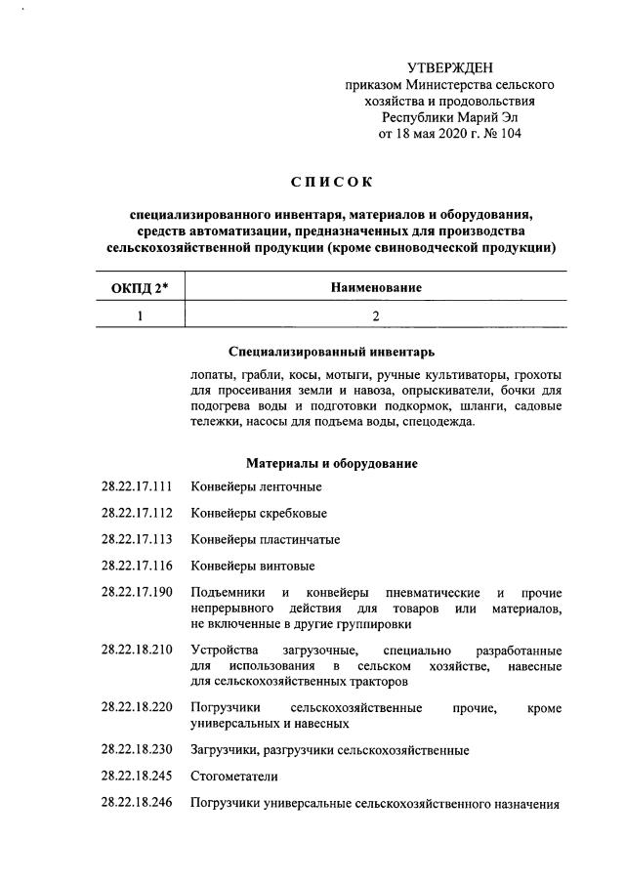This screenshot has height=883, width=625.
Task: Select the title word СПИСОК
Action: click(x=331, y=182)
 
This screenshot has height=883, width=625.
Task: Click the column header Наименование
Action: click(x=375, y=288)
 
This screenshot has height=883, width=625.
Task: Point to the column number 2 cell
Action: click(x=375, y=315)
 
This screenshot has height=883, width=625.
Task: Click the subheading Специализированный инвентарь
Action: click(x=331, y=351)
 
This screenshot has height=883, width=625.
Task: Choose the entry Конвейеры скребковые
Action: click(x=259, y=513)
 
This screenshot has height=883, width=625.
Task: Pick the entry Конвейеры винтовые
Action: click(x=252, y=566)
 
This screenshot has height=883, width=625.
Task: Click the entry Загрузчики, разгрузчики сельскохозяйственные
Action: click(x=330, y=750)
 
